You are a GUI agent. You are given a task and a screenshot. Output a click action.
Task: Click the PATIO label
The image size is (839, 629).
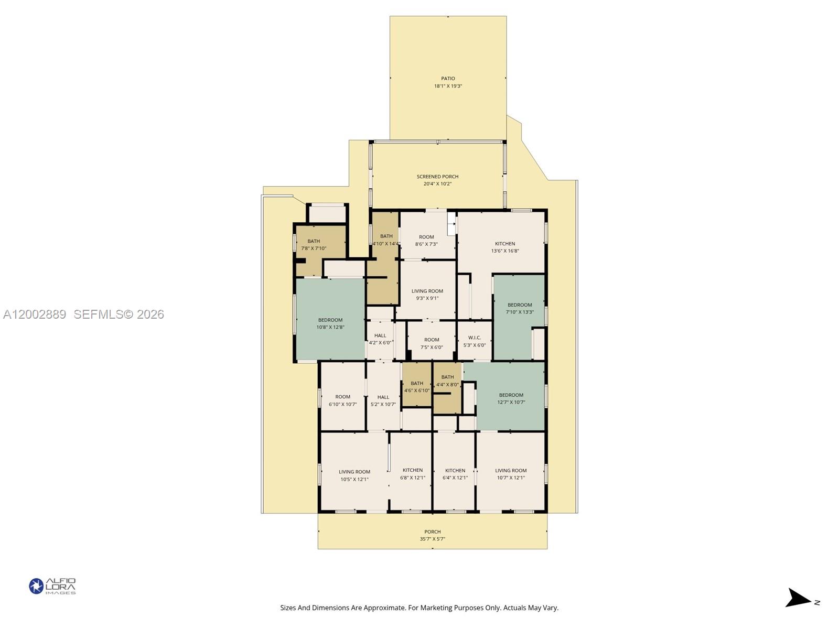click(x=448, y=79)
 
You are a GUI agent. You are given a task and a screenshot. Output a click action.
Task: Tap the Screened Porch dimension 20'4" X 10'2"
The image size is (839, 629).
click(x=437, y=184)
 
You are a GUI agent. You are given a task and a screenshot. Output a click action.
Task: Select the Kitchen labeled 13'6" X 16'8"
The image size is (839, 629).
click(x=505, y=247)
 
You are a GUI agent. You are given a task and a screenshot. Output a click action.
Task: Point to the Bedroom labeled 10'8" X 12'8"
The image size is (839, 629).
click(x=330, y=323)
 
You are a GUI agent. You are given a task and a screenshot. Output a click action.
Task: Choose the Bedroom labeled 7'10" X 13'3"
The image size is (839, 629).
click(x=520, y=308)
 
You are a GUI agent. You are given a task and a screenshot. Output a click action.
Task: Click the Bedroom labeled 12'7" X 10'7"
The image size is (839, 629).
click(x=511, y=398)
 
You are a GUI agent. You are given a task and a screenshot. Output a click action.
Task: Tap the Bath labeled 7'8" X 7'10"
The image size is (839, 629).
click(x=314, y=245)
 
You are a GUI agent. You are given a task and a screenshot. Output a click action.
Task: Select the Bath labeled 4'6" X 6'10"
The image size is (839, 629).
click(x=417, y=387)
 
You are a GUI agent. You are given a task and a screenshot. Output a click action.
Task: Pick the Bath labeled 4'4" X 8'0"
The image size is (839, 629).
click(x=447, y=381)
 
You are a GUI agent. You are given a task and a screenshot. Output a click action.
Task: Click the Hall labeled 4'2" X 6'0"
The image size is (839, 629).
click(x=380, y=339)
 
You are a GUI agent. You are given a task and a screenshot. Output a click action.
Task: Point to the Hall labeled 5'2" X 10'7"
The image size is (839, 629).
click(x=383, y=400)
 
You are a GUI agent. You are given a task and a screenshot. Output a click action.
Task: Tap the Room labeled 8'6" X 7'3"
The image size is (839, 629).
click(x=426, y=240)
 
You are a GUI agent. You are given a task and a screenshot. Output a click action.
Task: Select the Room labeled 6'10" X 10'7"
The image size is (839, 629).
click(x=343, y=400)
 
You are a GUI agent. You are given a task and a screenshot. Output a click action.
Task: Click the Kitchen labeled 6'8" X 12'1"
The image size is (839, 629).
click(x=413, y=474)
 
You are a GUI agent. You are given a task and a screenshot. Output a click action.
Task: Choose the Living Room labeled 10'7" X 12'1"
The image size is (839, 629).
click(x=511, y=474)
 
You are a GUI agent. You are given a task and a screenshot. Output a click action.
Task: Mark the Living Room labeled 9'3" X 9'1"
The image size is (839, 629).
click(x=427, y=295)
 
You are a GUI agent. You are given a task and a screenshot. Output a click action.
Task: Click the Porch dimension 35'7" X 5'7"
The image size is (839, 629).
click(x=433, y=539)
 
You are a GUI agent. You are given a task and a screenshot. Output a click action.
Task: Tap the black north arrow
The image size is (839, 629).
click(x=798, y=598)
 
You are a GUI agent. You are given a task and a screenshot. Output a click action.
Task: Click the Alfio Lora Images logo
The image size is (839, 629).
click(x=52, y=586)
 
